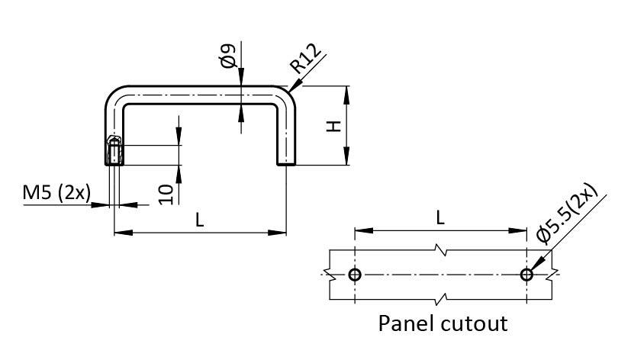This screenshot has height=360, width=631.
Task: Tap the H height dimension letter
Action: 333,126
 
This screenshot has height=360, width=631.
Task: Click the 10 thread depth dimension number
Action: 166,192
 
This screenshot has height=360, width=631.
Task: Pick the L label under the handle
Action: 200,220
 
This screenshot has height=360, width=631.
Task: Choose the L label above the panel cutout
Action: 440,217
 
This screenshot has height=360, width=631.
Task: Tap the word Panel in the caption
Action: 408,323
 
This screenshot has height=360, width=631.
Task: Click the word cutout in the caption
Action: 474,323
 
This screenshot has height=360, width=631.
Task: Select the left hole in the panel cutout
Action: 355,275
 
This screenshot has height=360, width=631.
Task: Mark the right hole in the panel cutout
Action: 526,275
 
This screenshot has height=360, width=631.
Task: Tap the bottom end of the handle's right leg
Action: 286,162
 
